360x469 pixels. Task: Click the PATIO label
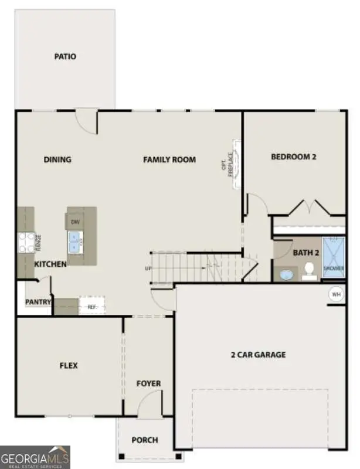tap(65, 57)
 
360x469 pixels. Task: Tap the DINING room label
tap(57, 159)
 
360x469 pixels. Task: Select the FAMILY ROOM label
tap(169, 159)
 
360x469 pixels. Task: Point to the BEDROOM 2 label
tap(294, 157)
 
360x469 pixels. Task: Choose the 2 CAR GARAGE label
tap(258, 354)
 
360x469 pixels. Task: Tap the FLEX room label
tap(69, 366)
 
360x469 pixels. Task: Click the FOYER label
tap(148, 383)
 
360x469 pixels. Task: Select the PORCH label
tap(144, 440)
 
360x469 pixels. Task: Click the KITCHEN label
tap(50, 264)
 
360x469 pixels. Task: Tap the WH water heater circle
tap(337, 294)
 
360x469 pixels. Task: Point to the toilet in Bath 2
tap(309, 271)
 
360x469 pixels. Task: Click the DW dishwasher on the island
tap(75, 222)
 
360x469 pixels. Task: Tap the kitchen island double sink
tap(76, 240)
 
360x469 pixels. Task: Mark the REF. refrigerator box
tap(92, 305)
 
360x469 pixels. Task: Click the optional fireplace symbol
tap(236, 165)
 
